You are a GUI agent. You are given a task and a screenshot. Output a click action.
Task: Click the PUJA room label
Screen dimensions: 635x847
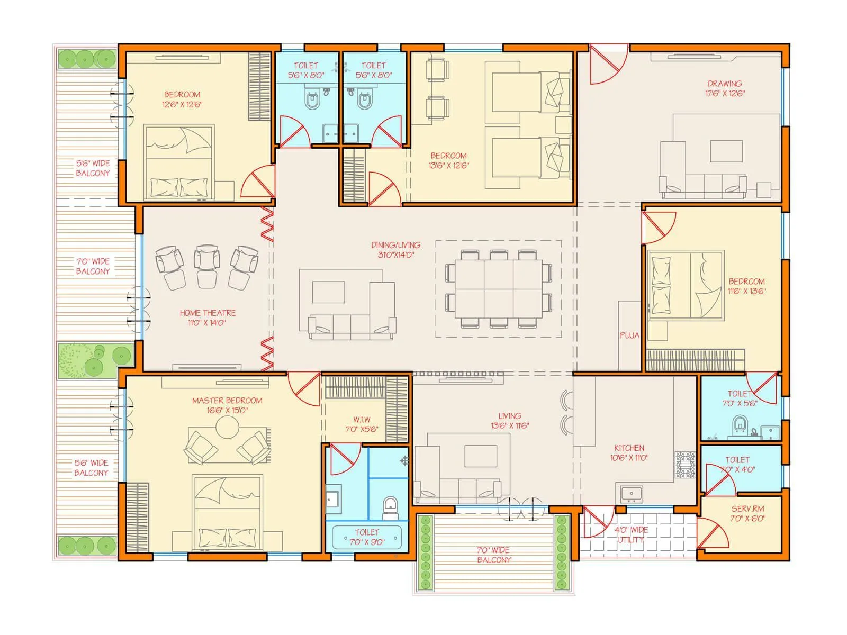[x=629, y=335]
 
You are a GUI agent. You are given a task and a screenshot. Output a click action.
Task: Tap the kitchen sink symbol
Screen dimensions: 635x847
[x=630, y=494]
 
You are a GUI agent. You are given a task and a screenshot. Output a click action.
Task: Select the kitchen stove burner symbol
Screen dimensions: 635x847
[x=684, y=465]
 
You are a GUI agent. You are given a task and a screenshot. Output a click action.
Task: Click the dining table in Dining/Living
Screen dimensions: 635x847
[x=499, y=288]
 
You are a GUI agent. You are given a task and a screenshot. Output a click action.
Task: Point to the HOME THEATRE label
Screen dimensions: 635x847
[x=208, y=313]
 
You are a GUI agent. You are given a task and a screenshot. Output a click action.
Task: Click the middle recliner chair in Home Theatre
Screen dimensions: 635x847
[x=206, y=259]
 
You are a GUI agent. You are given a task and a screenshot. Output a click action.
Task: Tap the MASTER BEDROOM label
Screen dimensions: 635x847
[x=227, y=401]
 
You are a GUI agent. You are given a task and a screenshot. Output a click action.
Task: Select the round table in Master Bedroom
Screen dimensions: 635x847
[x=227, y=427]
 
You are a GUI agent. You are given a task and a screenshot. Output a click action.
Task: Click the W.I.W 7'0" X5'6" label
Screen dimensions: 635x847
[x=362, y=424]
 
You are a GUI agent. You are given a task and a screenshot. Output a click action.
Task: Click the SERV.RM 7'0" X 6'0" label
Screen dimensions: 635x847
[x=747, y=513]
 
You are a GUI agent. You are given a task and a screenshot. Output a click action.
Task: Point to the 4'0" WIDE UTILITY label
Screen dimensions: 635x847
[x=630, y=534]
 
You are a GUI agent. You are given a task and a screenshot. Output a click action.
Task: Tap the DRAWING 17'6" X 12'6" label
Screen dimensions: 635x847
[x=725, y=88]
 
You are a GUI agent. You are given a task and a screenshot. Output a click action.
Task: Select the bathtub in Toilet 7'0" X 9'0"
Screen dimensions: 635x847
[x=366, y=537]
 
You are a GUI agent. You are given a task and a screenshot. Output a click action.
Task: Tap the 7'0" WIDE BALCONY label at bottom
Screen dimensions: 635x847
[x=493, y=555]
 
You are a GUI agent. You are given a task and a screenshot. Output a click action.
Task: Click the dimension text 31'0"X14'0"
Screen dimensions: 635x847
[x=395, y=255]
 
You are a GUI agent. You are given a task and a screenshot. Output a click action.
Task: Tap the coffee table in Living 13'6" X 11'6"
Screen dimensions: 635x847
[x=480, y=456]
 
